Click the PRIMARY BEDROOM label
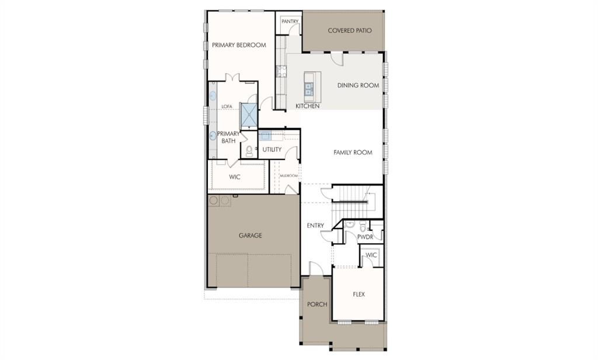pyautogui.click(x=239, y=45)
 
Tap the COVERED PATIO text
pyautogui.click(x=350, y=30)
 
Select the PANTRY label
pyautogui.click(x=290, y=22)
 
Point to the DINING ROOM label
pyautogui.click(x=358, y=85)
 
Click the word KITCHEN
pyautogui.click(x=307, y=106)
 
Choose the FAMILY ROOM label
pyautogui.click(x=353, y=153)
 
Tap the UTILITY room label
pyautogui.click(x=272, y=150)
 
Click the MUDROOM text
pyautogui.click(x=288, y=175)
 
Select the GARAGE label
pyautogui.click(x=250, y=236)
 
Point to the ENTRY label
pyautogui.click(x=315, y=226)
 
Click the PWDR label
pyautogui.click(x=365, y=237)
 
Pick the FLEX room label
pyautogui.click(x=359, y=294)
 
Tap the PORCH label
pyautogui.click(x=317, y=304)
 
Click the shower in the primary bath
pyautogui.click(x=249, y=114)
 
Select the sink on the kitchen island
pyautogui.click(x=309, y=89)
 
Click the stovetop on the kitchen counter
pyautogui.click(x=281, y=71)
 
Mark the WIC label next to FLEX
pyautogui.click(x=371, y=255)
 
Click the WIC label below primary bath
pyautogui.click(x=235, y=177)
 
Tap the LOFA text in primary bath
pyautogui.click(x=227, y=106)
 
